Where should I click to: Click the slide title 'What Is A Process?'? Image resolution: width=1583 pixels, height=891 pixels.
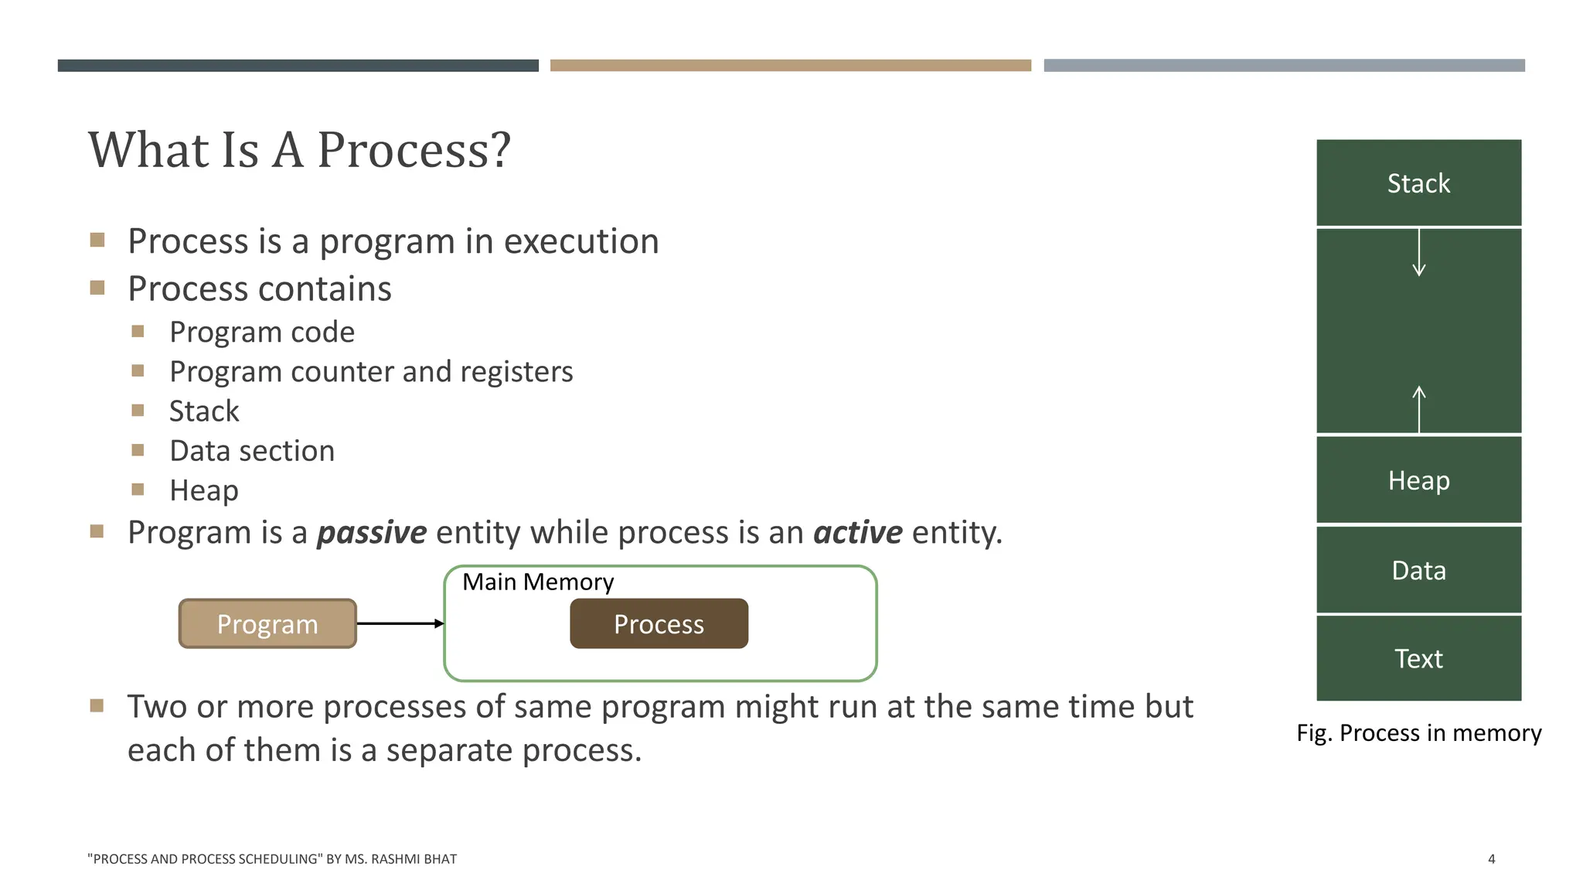tap(299, 149)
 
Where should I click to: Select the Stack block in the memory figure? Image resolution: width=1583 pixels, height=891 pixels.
tap(1418, 183)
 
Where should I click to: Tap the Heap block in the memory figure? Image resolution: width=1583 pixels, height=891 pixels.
tap(1418, 480)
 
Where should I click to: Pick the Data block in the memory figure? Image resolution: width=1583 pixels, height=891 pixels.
tap(1418, 570)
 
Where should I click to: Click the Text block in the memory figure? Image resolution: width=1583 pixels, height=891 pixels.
tap(1418, 658)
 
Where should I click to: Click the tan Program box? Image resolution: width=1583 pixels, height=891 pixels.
tap(267, 623)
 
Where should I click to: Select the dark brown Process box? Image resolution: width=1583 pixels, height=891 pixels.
tap(659, 623)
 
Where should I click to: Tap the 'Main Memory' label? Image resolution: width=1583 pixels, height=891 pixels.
tap(538, 582)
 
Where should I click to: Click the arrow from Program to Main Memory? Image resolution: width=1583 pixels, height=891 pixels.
tap(400, 623)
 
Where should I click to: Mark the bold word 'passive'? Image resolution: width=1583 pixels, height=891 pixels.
tap(372, 532)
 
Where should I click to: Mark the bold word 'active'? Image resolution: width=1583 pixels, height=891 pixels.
tap(858, 532)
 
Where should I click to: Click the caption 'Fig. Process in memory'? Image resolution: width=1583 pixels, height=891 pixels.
tap(1418, 732)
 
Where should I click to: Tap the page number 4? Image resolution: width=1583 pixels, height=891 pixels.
tap(1491, 859)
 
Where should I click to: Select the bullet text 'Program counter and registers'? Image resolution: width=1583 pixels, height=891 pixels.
tap(371, 371)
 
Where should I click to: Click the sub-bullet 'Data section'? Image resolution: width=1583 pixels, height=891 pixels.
tap(252, 451)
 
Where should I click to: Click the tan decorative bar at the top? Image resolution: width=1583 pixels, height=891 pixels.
tap(791, 66)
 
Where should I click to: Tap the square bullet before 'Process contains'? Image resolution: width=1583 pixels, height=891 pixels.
tap(97, 288)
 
